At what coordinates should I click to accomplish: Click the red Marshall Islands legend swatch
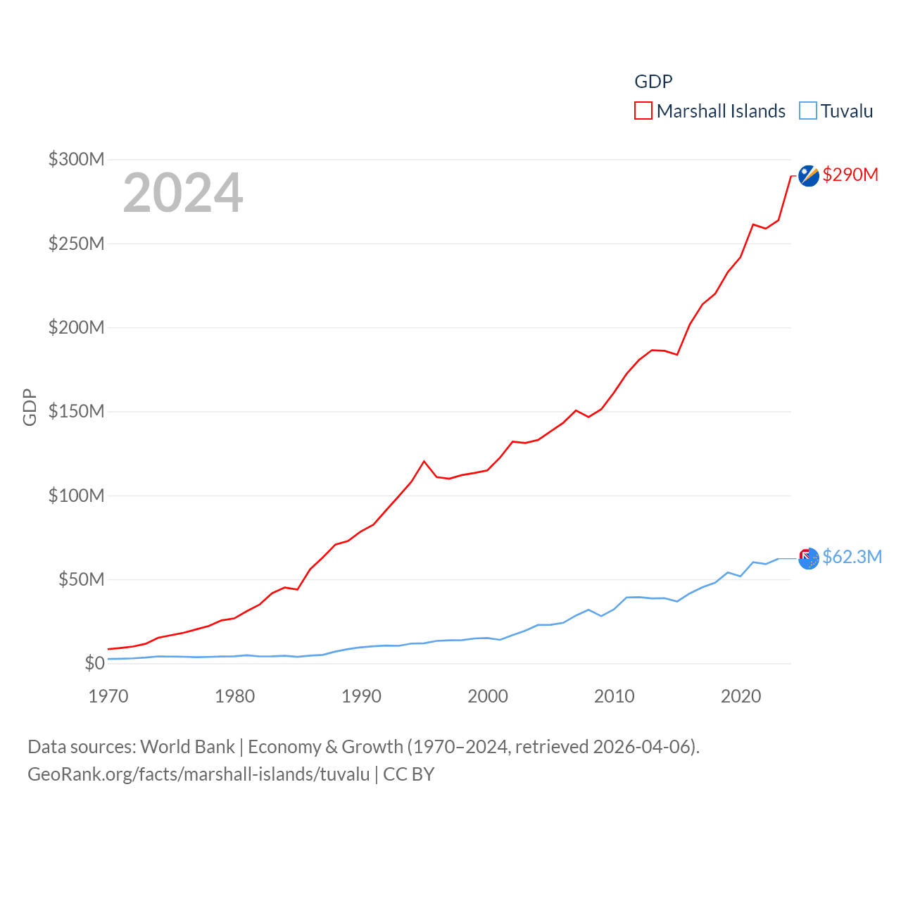pyautogui.click(x=643, y=111)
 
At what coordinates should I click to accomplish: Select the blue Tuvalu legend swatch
pyautogui.click(x=808, y=111)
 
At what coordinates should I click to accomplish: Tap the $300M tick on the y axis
pyautogui.click(x=76, y=159)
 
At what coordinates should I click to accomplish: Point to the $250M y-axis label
pyautogui.click(x=76, y=244)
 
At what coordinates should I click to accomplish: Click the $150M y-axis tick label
pyautogui.click(x=76, y=411)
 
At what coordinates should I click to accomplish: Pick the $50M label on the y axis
pyautogui.click(x=81, y=579)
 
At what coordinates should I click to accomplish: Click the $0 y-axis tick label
pyautogui.click(x=94, y=663)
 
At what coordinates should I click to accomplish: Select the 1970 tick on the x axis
pyautogui.click(x=108, y=696)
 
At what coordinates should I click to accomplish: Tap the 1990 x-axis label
pyautogui.click(x=361, y=696)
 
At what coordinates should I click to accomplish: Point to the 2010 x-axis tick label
pyautogui.click(x=614, y=696)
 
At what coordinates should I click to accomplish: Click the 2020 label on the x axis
pyautogui.click(x=741, y=696)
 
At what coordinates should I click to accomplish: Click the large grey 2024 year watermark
pyautogui.click(x=183, y=193)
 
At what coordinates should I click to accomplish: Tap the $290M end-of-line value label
pyautogui.click(x=850, y=175)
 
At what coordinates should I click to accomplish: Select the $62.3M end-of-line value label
pyautogui.click(x=852, y=557)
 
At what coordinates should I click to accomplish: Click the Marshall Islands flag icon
pyautogui.click(x=809, y=175)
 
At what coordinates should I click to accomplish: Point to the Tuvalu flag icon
pyautogui.click(x=809, y=558)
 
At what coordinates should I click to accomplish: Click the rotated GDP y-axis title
pyautogui.click(x=30, y=407)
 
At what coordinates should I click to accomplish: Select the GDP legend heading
pyautogui.click(x=653, y=82)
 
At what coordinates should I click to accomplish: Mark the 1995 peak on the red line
pyautogui.click(x=424, y=461)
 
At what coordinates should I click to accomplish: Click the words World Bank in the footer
pyautogui.click(x=187, y=746)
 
